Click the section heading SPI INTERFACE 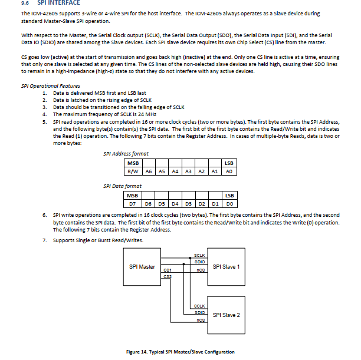coord(59,4)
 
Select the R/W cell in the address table coord(133,171)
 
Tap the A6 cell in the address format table coord(148,171)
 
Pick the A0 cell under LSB coord(229,171)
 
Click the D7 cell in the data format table coord(133,204)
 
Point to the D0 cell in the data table coord(229,204)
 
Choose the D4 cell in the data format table coord(175,204)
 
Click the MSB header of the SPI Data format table coord(133,196)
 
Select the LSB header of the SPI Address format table coord(229,163)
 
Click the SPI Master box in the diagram coord(142,267)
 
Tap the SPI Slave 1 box coord(226,267)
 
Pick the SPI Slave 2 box coord(226,315)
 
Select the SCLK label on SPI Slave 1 coord(199,255)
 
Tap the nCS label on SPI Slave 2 coord(201,320)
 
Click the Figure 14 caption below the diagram coord(180,352)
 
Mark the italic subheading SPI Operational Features coord(50,86)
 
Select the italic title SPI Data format coord(122,186)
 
